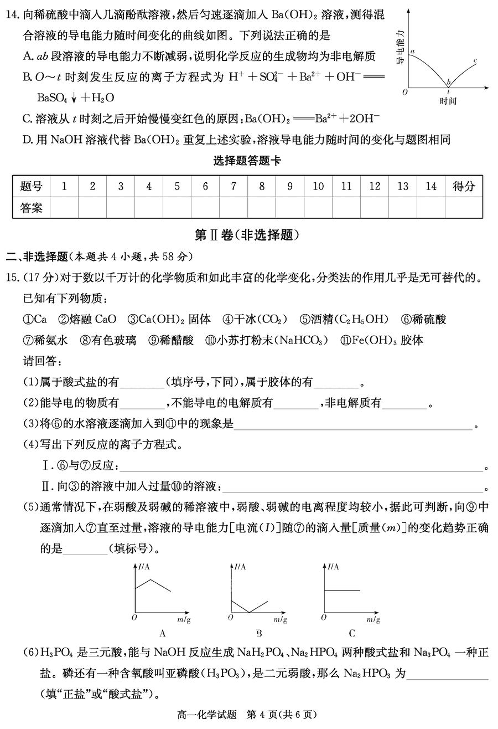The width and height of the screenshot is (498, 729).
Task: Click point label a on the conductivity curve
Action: click(412, 51)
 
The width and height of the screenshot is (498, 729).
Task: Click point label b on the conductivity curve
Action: click(449, 81)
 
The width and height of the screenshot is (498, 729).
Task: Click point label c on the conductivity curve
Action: click(476, 60)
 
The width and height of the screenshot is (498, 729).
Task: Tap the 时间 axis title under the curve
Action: click(448, 101)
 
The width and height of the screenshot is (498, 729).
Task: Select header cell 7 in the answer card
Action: click(234, 187)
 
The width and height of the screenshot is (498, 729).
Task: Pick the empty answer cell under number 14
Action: click(431, 208)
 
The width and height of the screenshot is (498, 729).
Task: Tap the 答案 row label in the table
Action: click(32, 208)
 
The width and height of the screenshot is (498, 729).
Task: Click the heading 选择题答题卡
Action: click(247, 161)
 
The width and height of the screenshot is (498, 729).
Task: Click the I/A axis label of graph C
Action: click(334, 567)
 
